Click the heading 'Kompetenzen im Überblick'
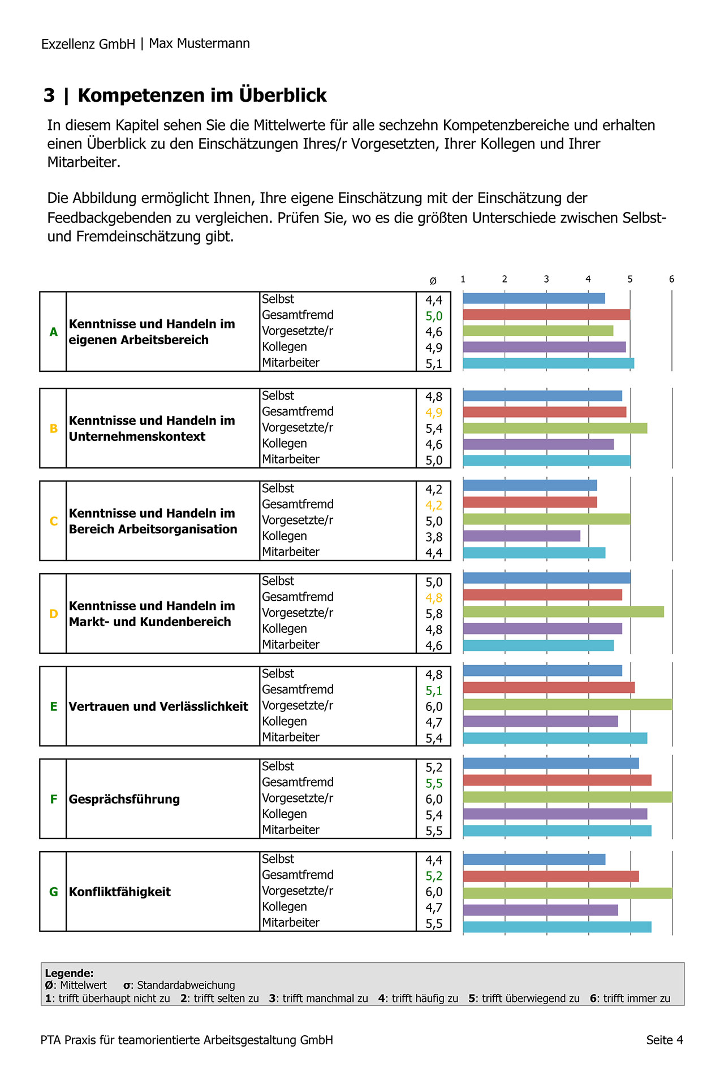coord(202,96)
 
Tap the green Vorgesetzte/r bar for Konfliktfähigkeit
coord(568,893)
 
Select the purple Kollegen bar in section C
coord(522,536)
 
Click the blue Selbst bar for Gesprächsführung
coord(551,763)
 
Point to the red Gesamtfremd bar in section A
coord(546,315)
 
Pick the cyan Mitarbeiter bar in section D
coord(538,645)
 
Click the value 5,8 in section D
coord(434,614)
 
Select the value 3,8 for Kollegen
coord(434,537)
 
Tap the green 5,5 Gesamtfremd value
coord(434,783)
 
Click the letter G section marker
coord(54,892)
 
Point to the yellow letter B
coord(54,428)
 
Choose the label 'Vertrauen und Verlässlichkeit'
coord(158,706)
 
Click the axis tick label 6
coord(672,279)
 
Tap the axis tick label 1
coord(463,279)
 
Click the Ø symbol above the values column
coord(433,281)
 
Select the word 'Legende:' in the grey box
coord(70,973)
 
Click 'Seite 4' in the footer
coord(665,1040)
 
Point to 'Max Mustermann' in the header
coord(199,44)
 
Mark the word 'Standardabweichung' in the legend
coord(186,985)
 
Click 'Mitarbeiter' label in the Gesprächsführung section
coord(291,830)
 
